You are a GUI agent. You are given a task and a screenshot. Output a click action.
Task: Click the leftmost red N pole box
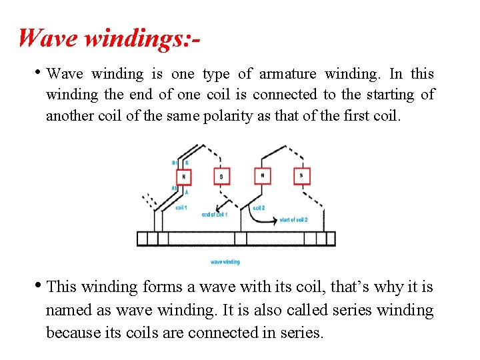(184, 177)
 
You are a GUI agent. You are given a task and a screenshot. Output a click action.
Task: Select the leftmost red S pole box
(222, 176)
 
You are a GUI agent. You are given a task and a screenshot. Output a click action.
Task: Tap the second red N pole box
(263, 175)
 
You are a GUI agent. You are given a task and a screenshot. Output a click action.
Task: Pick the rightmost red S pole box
(301, 175)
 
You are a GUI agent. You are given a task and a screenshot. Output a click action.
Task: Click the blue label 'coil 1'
(181, 207)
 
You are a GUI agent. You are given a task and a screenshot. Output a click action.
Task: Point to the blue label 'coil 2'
(259, 208)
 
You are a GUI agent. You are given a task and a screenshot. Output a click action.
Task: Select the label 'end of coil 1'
(214, 215)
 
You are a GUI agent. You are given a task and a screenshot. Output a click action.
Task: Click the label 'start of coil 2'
(294, 219)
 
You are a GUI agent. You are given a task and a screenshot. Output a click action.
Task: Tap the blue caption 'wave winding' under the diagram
(225, 262)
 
